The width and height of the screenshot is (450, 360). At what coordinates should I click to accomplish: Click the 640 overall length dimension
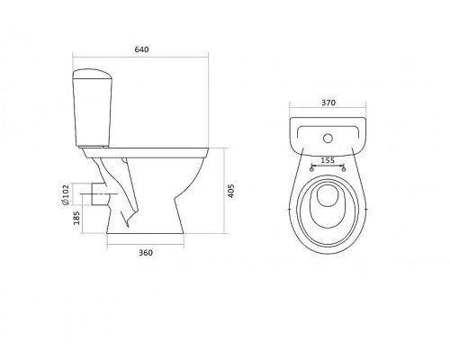point(141,49)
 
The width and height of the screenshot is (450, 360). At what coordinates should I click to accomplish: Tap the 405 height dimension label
point(231,191)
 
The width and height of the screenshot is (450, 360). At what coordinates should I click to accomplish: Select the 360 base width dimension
point(146,253)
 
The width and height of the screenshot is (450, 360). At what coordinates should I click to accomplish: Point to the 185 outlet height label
point(76,218)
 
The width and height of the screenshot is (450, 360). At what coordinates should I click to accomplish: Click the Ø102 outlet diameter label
point(66,194)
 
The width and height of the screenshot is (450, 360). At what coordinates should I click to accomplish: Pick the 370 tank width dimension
point(328,103)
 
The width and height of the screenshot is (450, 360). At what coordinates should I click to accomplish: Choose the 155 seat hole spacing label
point(328,160)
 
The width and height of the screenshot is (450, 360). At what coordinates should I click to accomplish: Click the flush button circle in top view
point(328,139)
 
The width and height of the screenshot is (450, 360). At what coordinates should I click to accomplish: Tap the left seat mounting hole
point(311,169)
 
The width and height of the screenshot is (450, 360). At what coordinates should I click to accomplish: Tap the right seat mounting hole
point(344,169)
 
